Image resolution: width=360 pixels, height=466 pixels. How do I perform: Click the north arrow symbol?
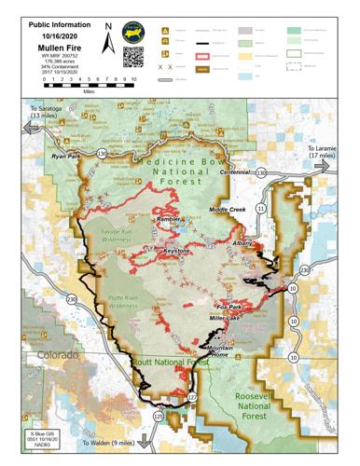click(109, 39)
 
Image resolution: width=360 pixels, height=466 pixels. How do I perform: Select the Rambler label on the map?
click(168, 220)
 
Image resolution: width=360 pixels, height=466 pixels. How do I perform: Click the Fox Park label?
click(229, 307)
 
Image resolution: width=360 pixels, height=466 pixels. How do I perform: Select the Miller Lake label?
click(227, 319)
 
